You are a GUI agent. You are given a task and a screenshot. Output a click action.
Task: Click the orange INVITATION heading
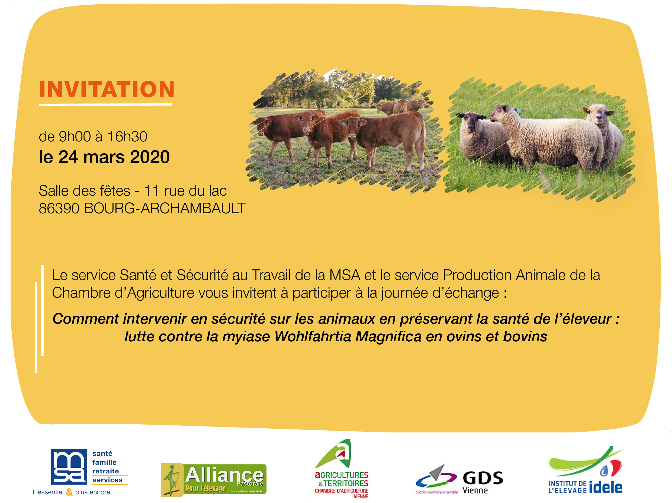point(107,90)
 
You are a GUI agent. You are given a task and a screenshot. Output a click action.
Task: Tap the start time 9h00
point(75,136)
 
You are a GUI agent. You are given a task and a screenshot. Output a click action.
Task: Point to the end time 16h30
point(127,136)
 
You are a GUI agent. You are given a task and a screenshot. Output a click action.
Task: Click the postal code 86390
point(59,208)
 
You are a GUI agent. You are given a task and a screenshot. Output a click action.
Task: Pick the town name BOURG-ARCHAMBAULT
point(165,208)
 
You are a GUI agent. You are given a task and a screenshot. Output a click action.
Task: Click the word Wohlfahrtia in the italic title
point(313,336)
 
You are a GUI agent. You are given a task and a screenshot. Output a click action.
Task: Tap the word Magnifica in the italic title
point(388,336)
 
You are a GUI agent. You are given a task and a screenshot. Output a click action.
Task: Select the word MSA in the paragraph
point(345,275)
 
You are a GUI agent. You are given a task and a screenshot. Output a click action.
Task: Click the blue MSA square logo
point(69,466)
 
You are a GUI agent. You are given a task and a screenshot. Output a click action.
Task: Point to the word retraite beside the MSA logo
point(105,471)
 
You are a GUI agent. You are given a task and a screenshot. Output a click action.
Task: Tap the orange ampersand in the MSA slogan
point(70,492)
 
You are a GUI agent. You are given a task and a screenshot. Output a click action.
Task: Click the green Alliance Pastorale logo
point(214,480)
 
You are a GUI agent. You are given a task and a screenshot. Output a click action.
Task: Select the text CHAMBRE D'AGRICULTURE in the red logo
point(341,491)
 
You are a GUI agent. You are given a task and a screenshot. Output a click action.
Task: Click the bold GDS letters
point(483,478)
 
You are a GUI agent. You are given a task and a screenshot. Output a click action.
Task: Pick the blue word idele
point(606,487)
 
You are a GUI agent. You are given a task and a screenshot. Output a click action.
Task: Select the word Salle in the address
point(54,191)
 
